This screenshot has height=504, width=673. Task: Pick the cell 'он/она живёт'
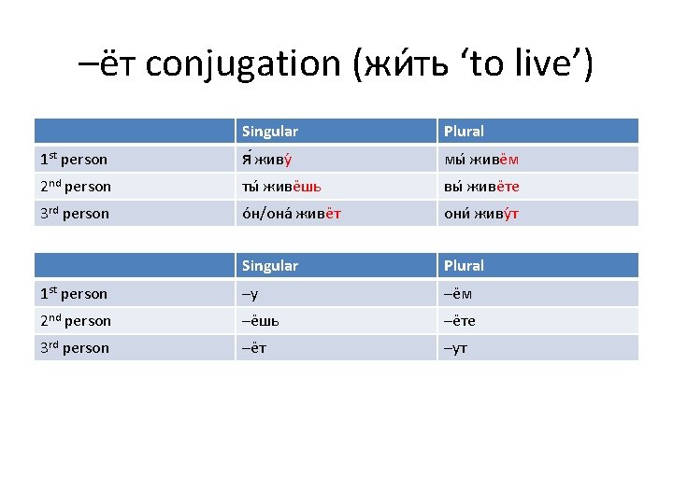(x=291, y=214)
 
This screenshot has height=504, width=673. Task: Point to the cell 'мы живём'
(x=481, y=160)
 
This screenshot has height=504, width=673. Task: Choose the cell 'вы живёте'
(x=481, y=187)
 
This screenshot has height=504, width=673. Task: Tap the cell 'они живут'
(x=481, y=214)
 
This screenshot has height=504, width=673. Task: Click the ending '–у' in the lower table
(x=250, y=294)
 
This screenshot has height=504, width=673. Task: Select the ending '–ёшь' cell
(x=261, y=321)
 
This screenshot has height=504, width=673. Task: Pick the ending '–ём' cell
(x=457, y=294)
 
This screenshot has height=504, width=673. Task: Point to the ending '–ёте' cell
(x=459, y=321)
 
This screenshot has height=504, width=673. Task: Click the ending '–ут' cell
(x=455, y=348)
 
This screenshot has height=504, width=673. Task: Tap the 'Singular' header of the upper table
(x=269, y=132)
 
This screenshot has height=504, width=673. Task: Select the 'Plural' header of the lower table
(x=464, y=266)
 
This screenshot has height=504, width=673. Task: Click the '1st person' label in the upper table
(x=74, y=160)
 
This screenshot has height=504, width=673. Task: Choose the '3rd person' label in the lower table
(x=75, y=348)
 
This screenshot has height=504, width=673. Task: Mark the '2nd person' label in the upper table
(x=76, y=187)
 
